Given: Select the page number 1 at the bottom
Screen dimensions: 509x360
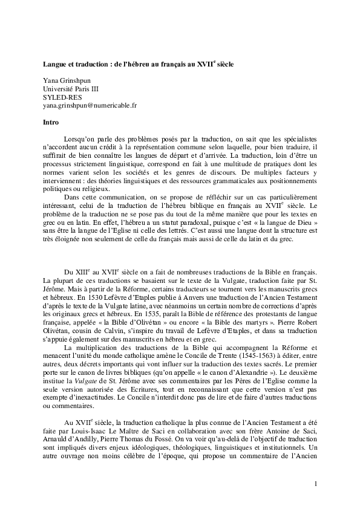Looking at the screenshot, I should click(x=316, y=484).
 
